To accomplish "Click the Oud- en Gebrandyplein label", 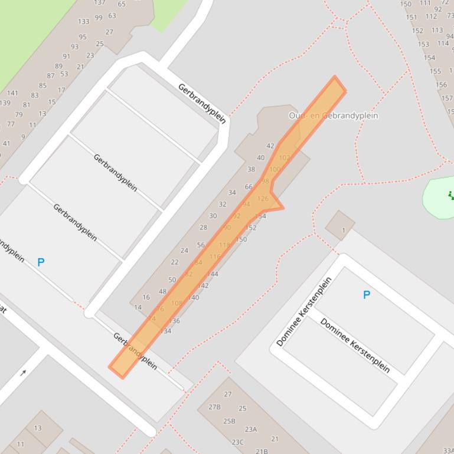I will (x=334, y=116).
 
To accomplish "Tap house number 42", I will (x=270, y=146).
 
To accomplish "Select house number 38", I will (x=251, y=169).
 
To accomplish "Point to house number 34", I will (x=232, y=192).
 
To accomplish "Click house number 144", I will (x=213, y=274).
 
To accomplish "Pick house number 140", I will (x=193, y=297).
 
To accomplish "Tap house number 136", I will (x=174, y=321).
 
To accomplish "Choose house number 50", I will (x=172, y=279).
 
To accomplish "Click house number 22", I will (x=175, y=262).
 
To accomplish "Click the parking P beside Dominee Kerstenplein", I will (x=367, y=295).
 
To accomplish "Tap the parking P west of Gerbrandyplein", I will (x=41, y=262).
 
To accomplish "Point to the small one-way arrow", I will (x=24, y=372).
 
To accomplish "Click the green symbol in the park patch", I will (x=452, y=195).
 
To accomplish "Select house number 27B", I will (x=214, y=407).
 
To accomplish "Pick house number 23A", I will (x=251, y=429).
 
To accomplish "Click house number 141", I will (x=12, y=93).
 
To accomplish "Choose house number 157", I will (x=447, y=98).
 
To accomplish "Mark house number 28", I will (x=204, y=227).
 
